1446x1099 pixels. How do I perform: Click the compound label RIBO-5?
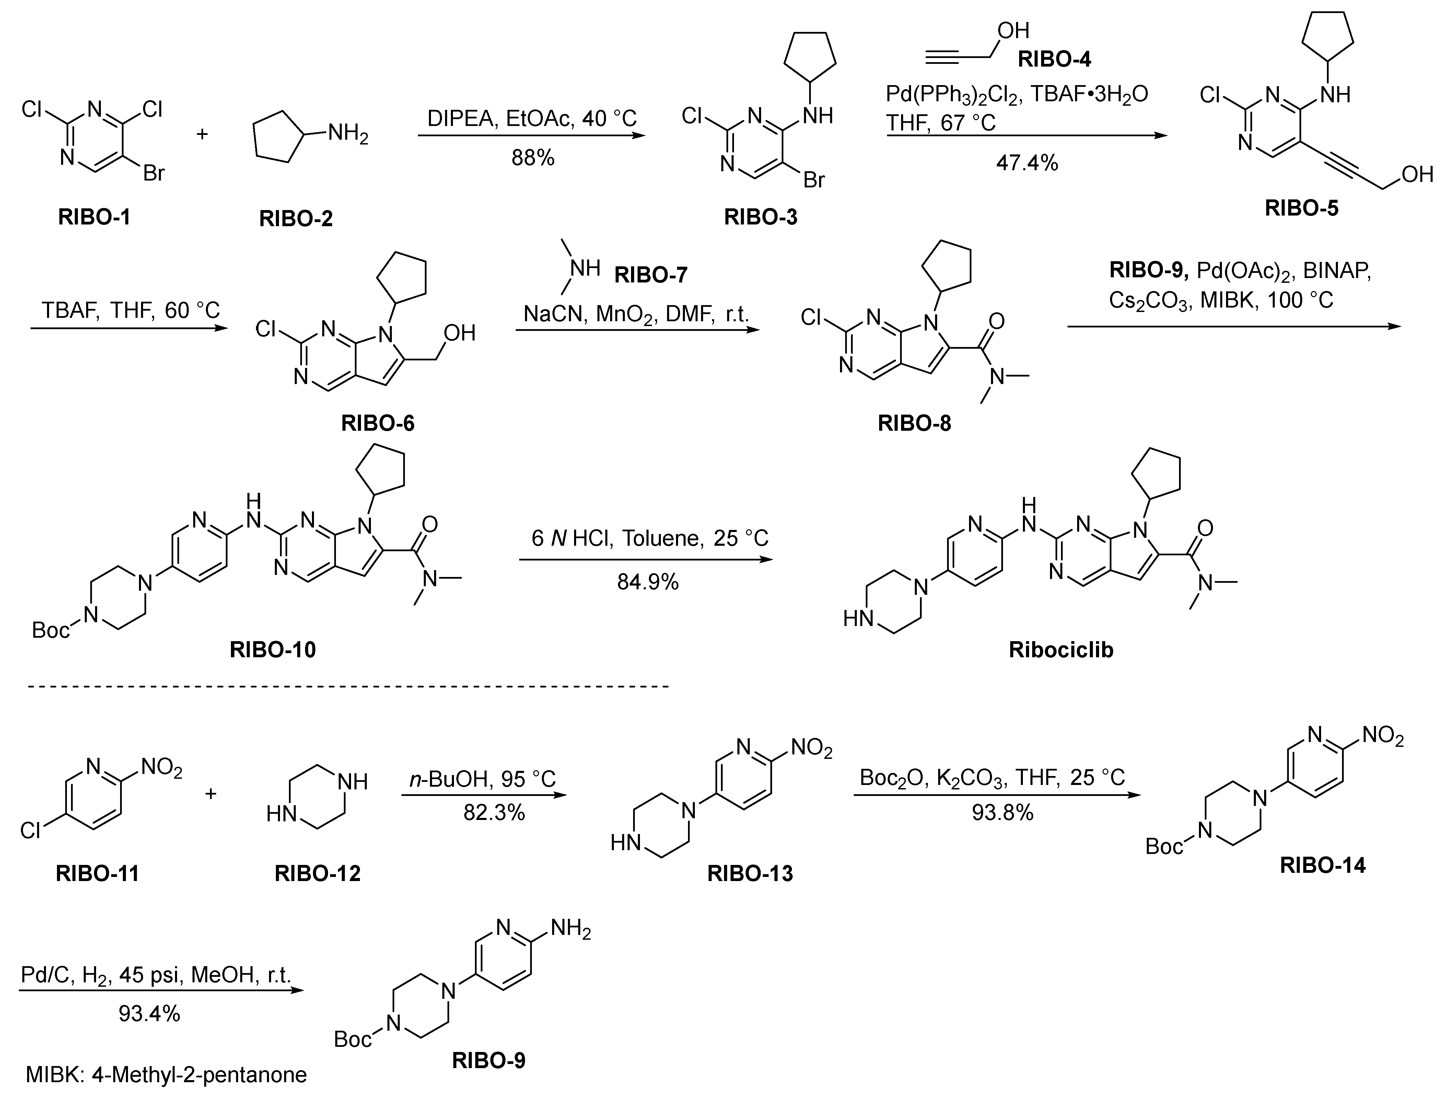1302,208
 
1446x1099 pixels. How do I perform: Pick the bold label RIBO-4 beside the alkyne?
1054,59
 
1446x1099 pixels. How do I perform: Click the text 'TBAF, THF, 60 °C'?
131,310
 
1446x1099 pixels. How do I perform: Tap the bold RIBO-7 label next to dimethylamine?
651,275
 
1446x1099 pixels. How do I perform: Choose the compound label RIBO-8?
914,423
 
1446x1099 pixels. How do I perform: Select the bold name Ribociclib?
1061,650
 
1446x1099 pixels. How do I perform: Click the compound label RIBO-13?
750,873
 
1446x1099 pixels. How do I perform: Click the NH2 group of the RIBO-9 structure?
570,928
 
